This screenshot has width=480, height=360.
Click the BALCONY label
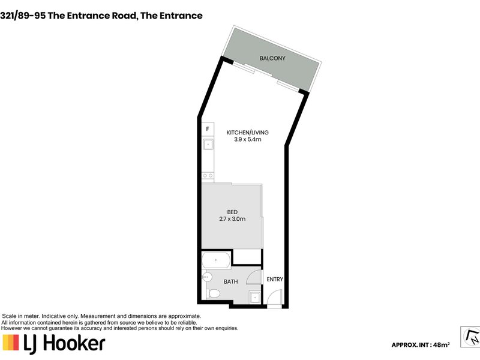pyautogui.click(x=272, y=58)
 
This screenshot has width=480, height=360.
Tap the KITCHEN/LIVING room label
pyautogui.click(x=247, y=133)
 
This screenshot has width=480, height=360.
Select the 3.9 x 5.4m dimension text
pyautogui.click(x=248, y=140)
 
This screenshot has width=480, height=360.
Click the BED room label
pyautogui.click(x=232, y=212)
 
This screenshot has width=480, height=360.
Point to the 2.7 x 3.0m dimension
pyautogui.click(x=232, y=219)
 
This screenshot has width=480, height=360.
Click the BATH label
pyautogui.click(x=230, y=281)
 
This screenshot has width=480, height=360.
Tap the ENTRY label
pyautogui.click(x=275, y=279)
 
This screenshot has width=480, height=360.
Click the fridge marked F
pyautogui.click(x=208, y=129)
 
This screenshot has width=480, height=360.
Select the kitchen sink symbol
pyautogui.click(x=208, y=144)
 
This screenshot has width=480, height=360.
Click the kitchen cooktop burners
pyautogui.click(x=208, y=175)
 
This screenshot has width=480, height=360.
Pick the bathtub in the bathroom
pyautogui.click(x=216, y=260)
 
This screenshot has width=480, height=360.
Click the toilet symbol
pyautogui.click(x=214, y=294)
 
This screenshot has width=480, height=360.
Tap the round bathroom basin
pyautogui.click(x=207, y=277)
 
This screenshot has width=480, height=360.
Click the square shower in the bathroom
pyautogui.click(x=255, y=297)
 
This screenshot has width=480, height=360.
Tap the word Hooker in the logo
pyautogui.click(x=74, y=343)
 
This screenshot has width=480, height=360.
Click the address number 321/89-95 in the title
pyautogui.click(x=23, y=16)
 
